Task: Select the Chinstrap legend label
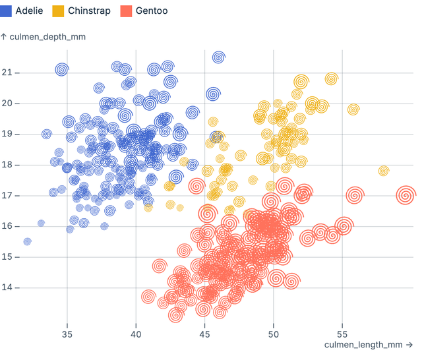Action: pyautogui.click(x=89, y=11)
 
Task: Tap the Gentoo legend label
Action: pyautogui.click(x=151, y=11)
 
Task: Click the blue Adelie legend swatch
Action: pyautogui.click(x=7, y=11)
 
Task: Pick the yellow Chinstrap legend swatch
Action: pyautogui.click(x=57, y=11)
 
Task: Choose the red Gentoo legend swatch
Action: pyautogui.click(x=126, y=11)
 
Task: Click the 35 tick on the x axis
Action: pyautogui.click(x=67, y=334)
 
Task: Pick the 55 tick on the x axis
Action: pyautogui.click(x=342, y=334)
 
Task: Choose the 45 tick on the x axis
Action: pyautogui.click(x=204, y=334)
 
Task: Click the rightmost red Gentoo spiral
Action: pyautogui.click(x=406, y=195)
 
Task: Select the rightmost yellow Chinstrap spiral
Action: pyautogui.click(x=384, y=171)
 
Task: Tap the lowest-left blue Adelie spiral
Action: pyautogui.click(x=27, y=241)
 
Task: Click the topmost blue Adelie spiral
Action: pyautogui.click(x=218, y=57)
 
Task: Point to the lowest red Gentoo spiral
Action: pyautogui.click(x=175, y=315)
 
